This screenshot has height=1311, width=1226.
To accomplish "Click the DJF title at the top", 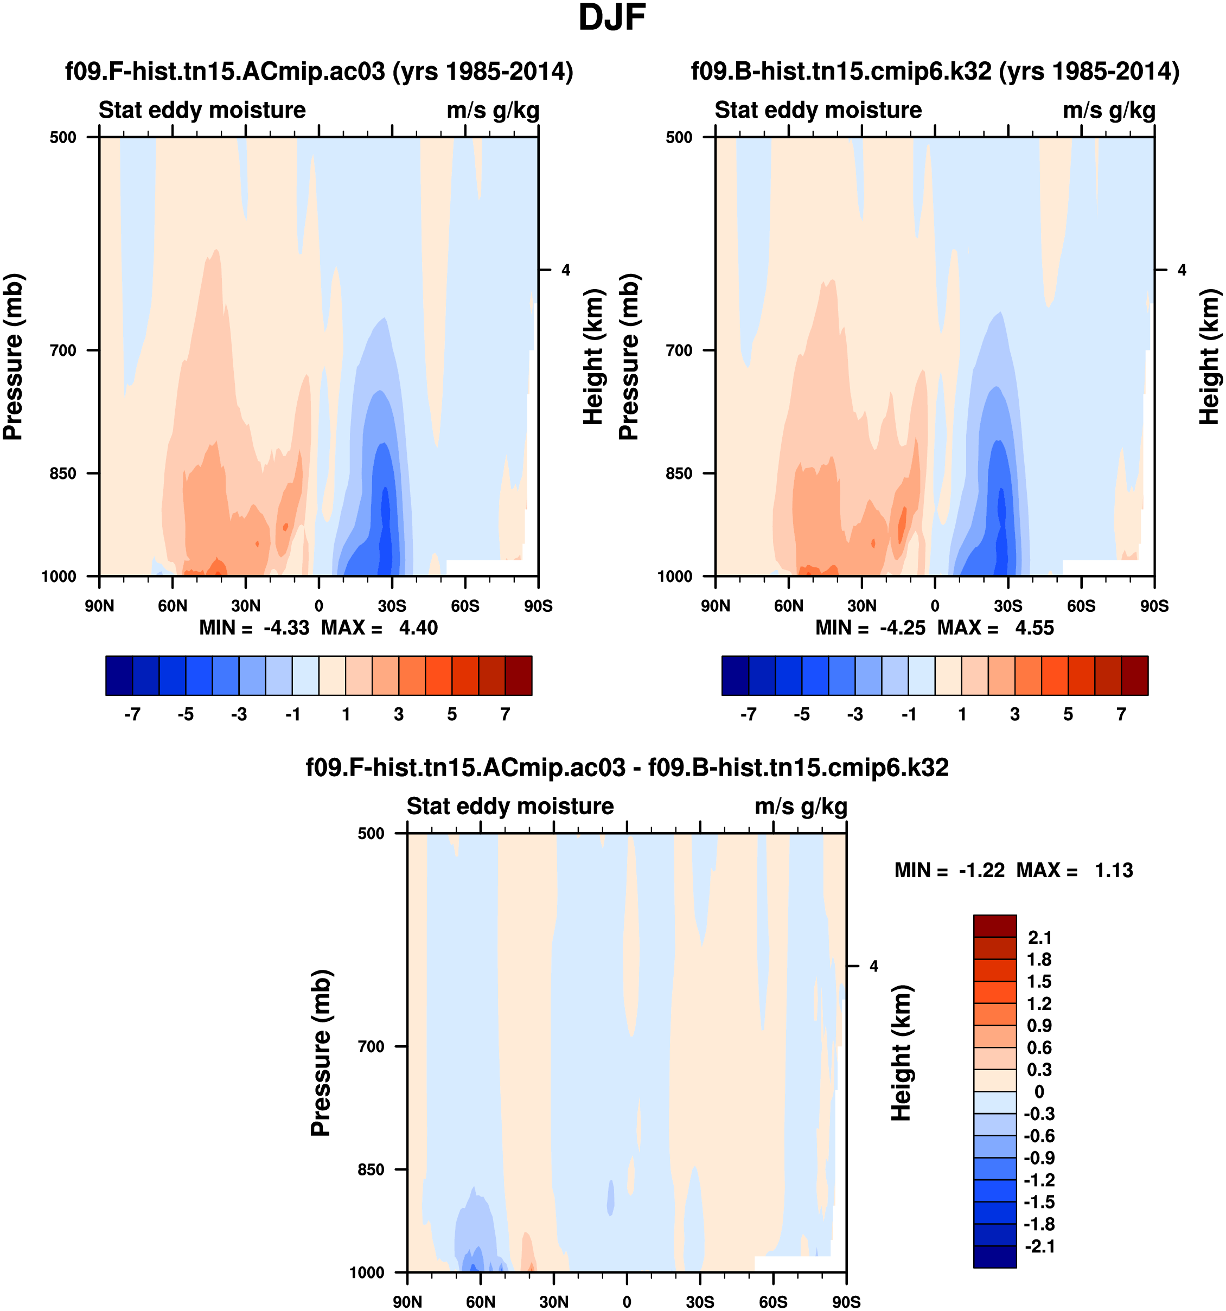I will click(x=611, y=18).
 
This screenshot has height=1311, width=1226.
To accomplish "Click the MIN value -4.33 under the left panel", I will click(x=286, y=628).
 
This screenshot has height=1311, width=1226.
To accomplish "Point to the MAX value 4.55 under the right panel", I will click(x=1034, y=628).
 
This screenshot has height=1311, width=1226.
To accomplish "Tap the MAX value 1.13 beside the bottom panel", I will click(x=1114, y=871).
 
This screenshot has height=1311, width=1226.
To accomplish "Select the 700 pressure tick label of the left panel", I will click(x=63, y=350).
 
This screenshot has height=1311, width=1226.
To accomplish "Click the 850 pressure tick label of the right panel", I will click(x=679, y=474).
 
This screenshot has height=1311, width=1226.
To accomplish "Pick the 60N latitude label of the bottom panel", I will click(x=480, y=1302).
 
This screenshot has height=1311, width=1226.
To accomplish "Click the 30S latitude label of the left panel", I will click(x=392, y=606).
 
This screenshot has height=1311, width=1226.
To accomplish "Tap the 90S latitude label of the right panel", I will click(x=1154, y=606).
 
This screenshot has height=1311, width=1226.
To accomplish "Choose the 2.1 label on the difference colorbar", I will click(x=1040, y=937).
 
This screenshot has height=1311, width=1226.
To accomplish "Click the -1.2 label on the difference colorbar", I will click(x=1039, y=1180).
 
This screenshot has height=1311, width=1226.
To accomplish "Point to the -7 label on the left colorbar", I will click(x=132, y=714).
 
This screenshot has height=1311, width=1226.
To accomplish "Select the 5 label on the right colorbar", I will click(x=1068, y=714).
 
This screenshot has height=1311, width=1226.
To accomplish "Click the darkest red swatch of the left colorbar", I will click(x=519, y=675).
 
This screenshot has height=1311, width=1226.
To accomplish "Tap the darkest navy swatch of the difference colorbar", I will click(x=994, y=1256).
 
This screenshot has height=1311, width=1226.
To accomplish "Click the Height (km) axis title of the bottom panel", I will click(x=901, y=1053).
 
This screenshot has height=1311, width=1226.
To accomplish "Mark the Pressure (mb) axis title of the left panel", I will click(x=13, y=357).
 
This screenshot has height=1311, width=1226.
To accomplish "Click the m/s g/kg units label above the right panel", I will click(x=1109, y=110).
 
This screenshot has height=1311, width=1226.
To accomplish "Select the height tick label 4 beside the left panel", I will click(x=566, y=270).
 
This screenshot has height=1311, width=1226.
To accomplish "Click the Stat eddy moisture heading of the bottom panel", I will click(x=510, y=807).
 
